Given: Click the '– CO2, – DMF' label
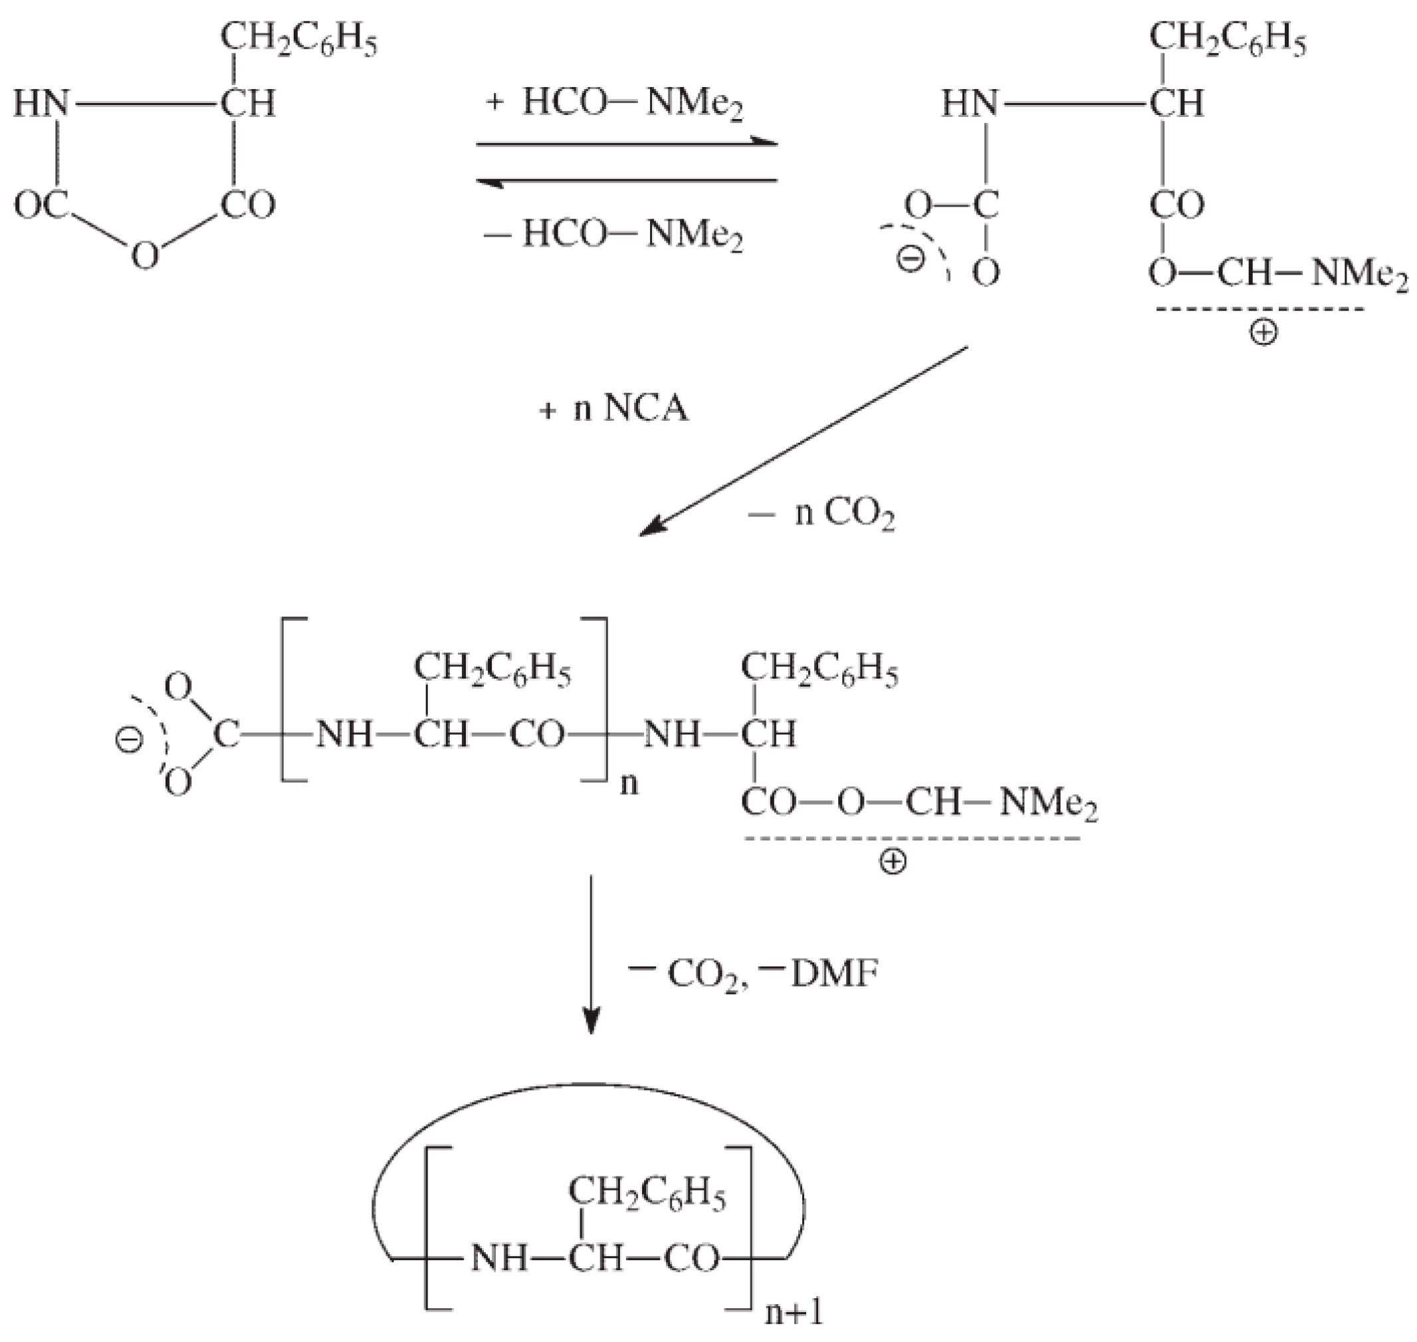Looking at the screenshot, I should pos(752,974).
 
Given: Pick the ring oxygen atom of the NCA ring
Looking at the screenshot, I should pos(145,255).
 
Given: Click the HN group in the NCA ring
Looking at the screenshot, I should pos(41,104).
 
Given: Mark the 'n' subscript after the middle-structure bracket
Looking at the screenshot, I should pos(629,784).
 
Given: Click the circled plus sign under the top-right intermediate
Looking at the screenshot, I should pos(1263,332).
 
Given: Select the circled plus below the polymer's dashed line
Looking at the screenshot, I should pos(893,862).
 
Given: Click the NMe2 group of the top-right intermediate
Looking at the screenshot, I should pos(1359,275).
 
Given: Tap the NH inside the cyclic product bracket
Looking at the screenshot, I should pos(498,1258).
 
